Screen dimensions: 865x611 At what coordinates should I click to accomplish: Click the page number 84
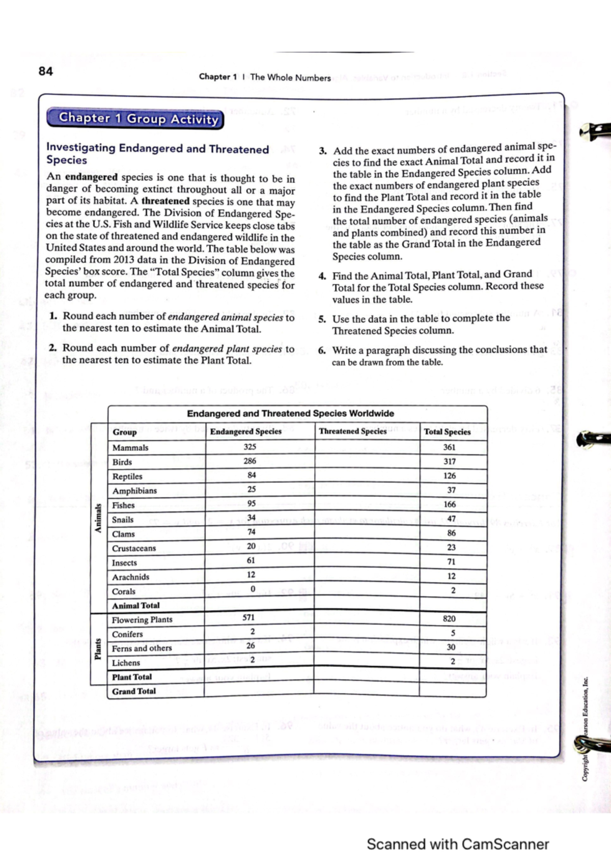45,71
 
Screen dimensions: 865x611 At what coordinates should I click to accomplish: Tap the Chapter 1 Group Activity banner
135,119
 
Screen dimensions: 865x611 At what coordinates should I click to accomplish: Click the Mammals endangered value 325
250,447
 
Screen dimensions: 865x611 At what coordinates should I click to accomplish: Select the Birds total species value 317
450,462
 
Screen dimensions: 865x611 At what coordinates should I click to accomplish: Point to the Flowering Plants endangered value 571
248,617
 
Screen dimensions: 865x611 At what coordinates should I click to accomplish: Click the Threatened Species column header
352,431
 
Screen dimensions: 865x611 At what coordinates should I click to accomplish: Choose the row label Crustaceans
134,549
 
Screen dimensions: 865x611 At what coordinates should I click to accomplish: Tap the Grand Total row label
134,691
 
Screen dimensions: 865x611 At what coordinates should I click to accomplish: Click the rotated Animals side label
98,518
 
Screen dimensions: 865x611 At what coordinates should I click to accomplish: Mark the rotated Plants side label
98,648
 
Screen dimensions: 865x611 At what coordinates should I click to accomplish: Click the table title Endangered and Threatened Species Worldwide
290,414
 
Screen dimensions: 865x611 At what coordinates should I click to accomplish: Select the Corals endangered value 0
253,589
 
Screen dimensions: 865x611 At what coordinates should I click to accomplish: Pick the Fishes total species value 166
450,504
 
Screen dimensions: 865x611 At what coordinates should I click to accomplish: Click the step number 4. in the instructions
322,276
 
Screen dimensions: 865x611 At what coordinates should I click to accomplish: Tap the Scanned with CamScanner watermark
457,844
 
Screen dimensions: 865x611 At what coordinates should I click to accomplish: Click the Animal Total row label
135,606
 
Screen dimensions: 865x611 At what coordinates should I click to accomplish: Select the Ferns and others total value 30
451,647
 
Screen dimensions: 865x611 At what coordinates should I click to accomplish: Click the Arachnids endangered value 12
251,575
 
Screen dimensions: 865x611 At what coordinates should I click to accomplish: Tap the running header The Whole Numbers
290,77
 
